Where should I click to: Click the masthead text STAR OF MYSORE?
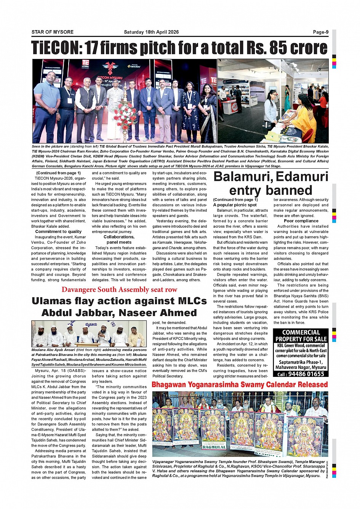[x=53, y=32]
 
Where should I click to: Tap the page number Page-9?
[x=320, y=32]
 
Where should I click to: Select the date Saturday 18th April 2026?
[x=151, y=32]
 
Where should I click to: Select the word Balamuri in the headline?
[x=242, y=177]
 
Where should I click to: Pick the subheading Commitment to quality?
[x=58, y=231]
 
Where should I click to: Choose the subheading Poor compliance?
[x=301, y=221]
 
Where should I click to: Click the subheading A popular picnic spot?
[x=235, y=205]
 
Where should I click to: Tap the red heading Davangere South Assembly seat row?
[x=119, y=290]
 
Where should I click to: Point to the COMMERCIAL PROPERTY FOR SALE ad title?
[x=301, y=336]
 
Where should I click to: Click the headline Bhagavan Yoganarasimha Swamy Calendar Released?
[x=240, y=385]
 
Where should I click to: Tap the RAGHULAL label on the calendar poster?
[x=214, y=447]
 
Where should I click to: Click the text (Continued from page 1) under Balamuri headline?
[x=235, y=199]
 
